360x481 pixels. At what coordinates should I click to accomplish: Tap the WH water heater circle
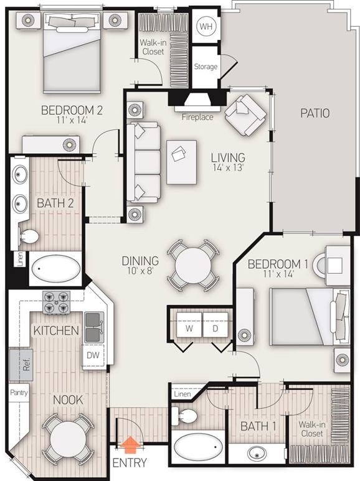click(206, 26)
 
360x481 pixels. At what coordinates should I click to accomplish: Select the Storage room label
click(206, 66)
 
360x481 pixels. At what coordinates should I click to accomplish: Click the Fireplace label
click(197, 117)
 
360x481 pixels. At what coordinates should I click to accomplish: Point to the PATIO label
click(315, 113)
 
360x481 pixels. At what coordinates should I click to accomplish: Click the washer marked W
click(189, 328)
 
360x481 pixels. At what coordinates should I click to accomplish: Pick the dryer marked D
click(216, 328)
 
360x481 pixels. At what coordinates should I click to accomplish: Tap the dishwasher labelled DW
click(93, 355)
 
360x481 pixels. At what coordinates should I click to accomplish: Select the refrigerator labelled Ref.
click(21, 365)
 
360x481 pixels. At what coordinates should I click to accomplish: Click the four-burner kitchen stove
click(56, 302)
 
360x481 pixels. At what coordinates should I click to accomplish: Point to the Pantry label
click(19, 393)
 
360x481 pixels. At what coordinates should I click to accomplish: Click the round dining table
click(193, 266)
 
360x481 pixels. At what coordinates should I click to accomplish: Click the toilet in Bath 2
click(29, 236)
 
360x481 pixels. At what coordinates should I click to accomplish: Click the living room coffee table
click(181, 162)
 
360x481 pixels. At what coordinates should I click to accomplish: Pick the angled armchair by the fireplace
click(246, 114)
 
